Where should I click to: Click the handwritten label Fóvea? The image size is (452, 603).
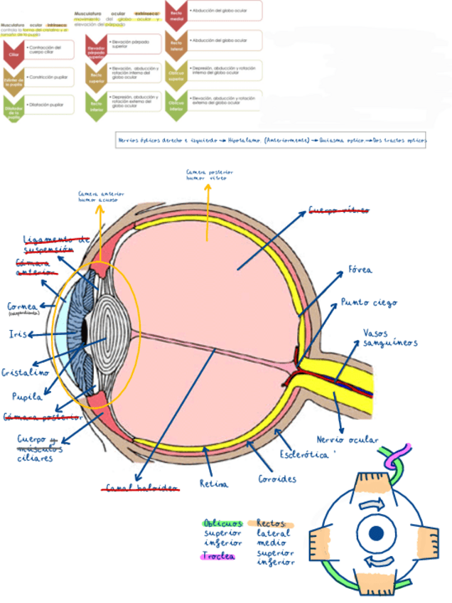point(360,270)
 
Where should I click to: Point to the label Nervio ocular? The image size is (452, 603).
point(347,439)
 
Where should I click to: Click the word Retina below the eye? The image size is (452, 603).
point(214,484)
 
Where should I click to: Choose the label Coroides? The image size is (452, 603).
point(276,479)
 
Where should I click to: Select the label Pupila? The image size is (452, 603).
point(26,396)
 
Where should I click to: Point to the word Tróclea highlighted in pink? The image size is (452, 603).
point(218,556)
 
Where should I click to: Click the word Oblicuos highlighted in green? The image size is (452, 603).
point(222,523)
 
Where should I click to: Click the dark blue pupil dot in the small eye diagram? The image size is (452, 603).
point(376,533)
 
